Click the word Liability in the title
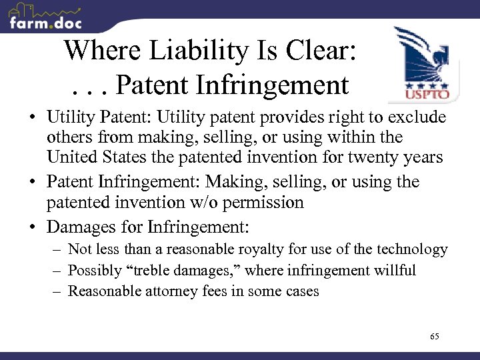click(189, 51)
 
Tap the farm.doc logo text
click(45, 23)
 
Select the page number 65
click(434, 337)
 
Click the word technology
click(413, 250)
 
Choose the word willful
click(393, 271)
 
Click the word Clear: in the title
click(320, 51)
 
